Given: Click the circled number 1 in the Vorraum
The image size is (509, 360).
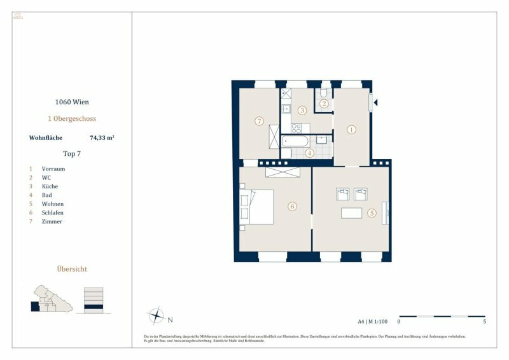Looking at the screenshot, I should coord(351,129).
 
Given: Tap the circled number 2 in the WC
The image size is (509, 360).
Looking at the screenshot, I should coord(324,104).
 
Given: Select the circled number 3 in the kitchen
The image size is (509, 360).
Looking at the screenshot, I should coord(302,110).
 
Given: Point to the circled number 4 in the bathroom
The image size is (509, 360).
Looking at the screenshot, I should coord(309,153).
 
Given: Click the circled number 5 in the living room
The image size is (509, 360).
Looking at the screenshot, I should coord(372,213).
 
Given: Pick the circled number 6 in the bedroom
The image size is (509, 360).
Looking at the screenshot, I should coord(292,206).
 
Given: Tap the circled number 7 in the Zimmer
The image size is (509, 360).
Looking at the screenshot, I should coord(258,121).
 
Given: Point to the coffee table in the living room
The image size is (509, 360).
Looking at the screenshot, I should coord(351,213).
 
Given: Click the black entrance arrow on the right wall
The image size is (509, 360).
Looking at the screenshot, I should coord(377,102).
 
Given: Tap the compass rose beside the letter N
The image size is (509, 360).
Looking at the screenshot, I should coord(156,315).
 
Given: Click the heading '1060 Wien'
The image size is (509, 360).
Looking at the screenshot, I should coord(71,102).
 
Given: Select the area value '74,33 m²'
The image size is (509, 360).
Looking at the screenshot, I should coord(102,137).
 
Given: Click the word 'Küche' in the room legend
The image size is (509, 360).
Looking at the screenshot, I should coord(50,186).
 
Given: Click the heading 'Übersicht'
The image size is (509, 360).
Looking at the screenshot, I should coord(71,269).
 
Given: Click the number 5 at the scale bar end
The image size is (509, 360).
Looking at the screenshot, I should coord(485,322).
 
